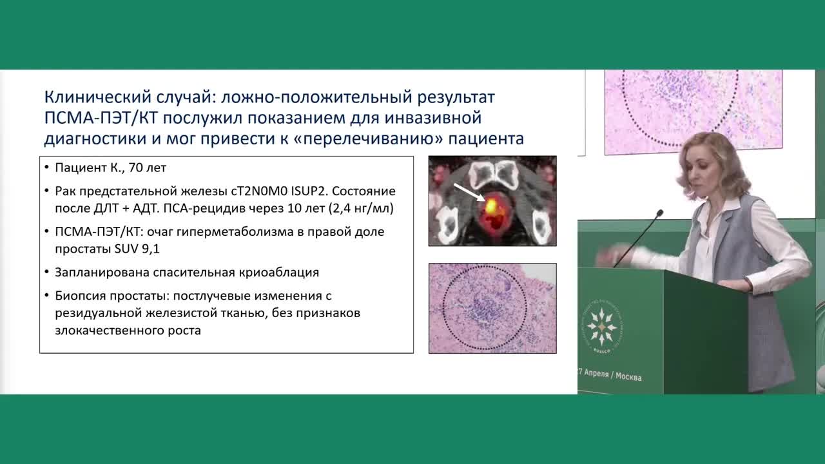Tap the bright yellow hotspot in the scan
coord(491,206)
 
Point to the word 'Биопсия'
coord(79,296)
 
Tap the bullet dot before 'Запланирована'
coord(48,273)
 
